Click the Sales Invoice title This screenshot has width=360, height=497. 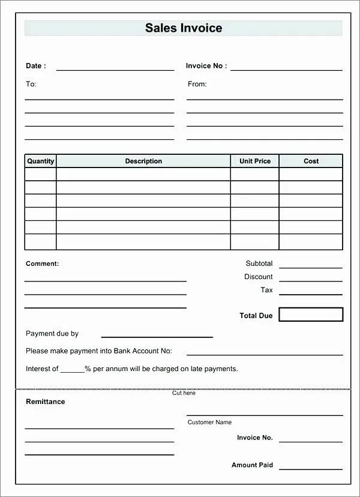click(x=184, y=28)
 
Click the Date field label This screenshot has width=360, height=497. click(x=35, y=66)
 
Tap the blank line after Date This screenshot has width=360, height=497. click(x=115, y=68)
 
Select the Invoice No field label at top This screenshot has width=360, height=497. click(x=206, y=66)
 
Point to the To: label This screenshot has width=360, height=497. click(x=31, y=84)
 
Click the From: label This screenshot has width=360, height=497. click(x=197, y=84)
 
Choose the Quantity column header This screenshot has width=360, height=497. click(x=41, y=161)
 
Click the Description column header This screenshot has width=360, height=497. click(x=143, y=161)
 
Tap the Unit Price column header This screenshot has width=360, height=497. click(x=255, y=161)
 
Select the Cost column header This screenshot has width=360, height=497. click(x=311, y=161)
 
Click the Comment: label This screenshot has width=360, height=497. click(x=42, y=264)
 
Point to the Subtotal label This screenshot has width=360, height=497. click(x=259, y=264)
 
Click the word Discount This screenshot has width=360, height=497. click(x=258, y=277)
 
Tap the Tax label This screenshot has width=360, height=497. click(x=266, y=290)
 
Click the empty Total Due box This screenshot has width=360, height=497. click(x=311, y=315)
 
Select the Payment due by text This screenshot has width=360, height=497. click(x=52, y=334)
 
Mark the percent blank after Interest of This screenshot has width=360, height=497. click(x=72, y=370)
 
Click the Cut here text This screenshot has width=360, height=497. click(x=184, y=393)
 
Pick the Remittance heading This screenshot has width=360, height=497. click(x=45, y=402)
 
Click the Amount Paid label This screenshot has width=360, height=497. click(x=252, y=465)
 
